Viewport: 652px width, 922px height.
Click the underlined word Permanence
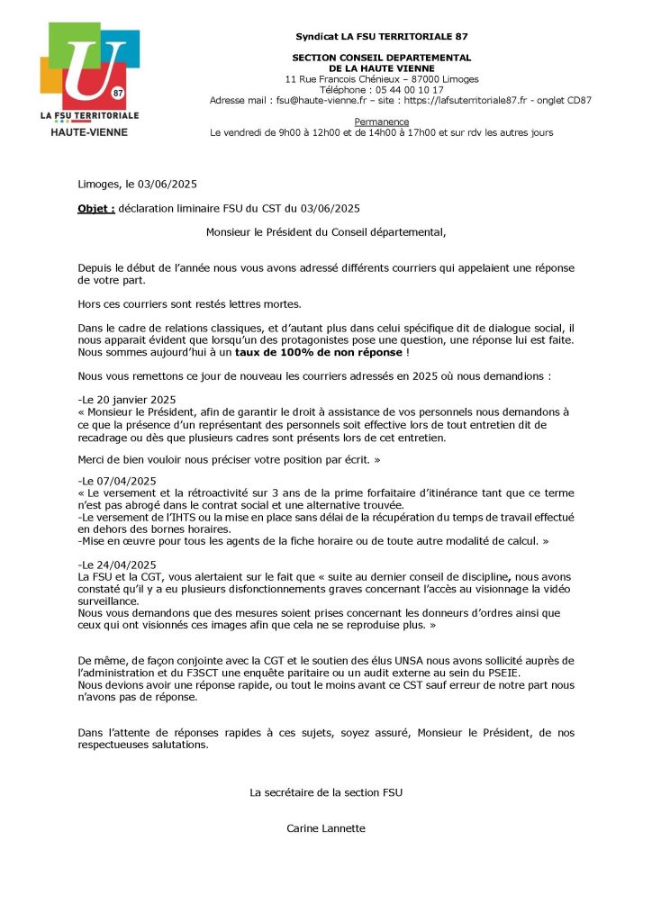(x=382, y=122)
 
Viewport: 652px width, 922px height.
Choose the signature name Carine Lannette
(x=326, y=828)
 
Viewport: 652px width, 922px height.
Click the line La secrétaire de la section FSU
(x=326, y=792)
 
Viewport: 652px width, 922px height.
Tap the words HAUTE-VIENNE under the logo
(x=89, y=132)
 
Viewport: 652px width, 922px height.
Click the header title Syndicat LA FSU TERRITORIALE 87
(x=382, y=36)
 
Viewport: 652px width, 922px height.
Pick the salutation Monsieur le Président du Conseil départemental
(x=326, y=231)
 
